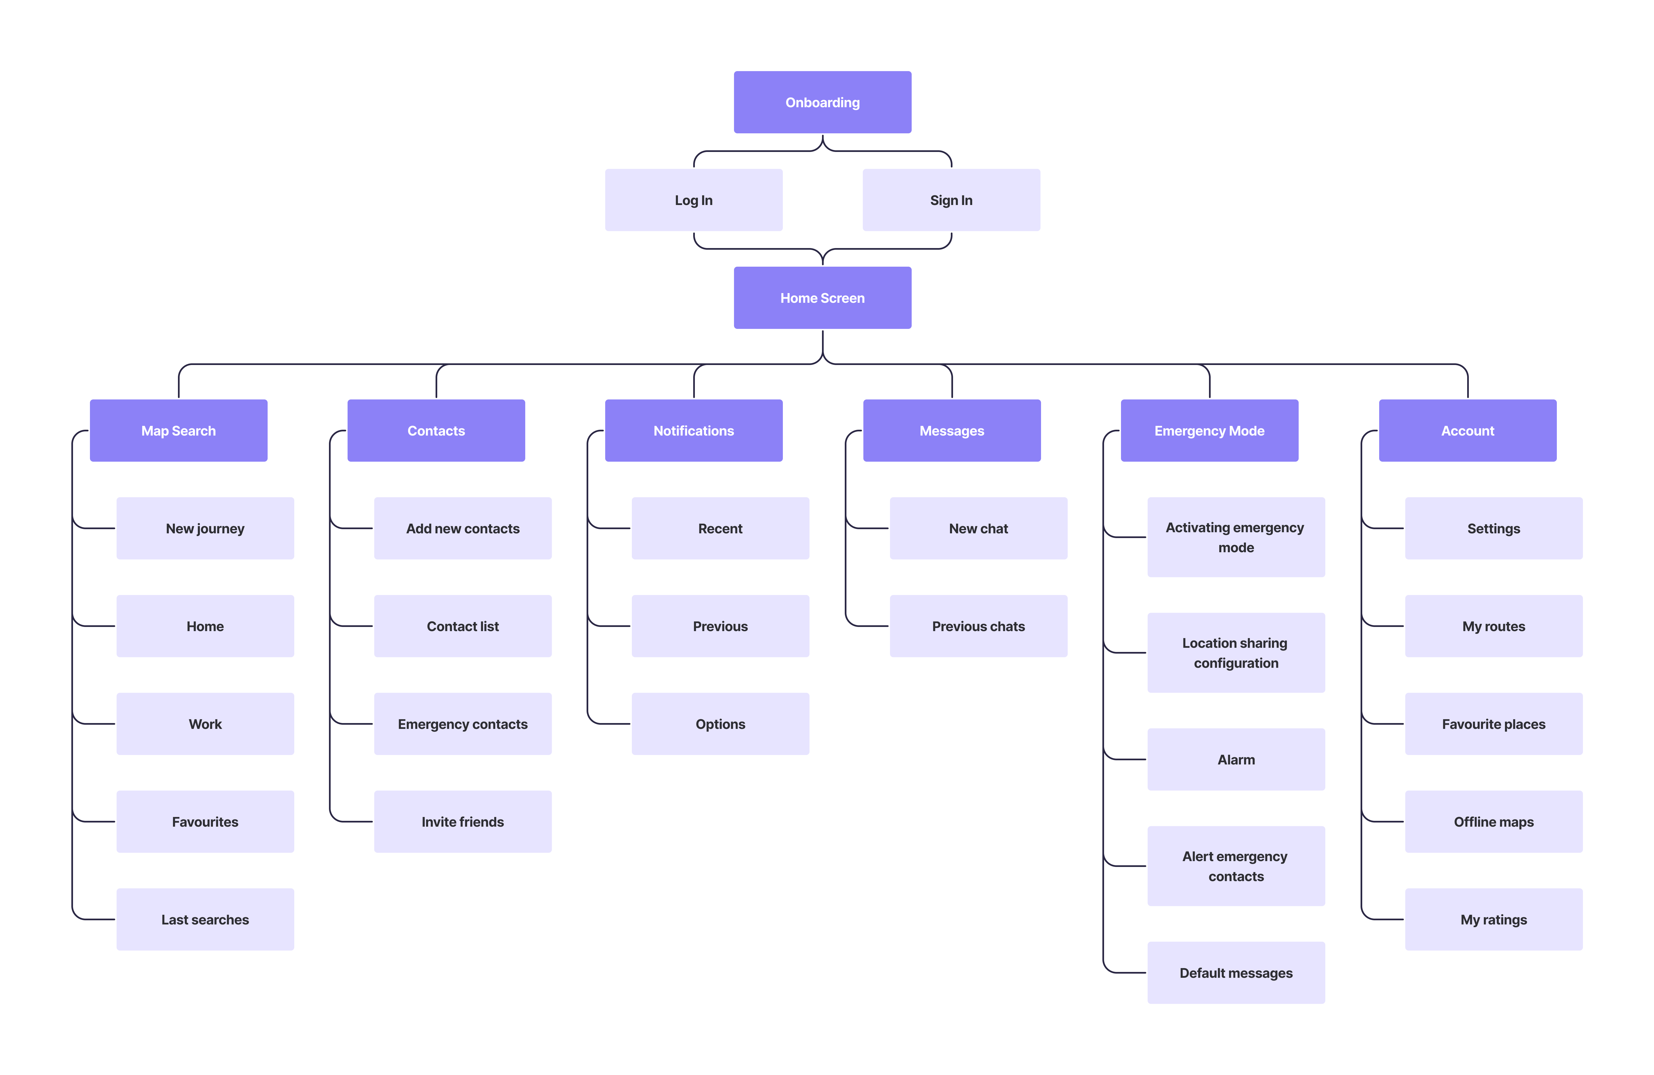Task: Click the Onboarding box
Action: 822,102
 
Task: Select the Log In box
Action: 693,200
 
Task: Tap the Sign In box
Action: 951,200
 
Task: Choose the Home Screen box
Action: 822,297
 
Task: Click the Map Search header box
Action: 179,431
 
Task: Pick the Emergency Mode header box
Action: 1209,431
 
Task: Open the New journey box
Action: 205,528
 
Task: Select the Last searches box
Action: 205,919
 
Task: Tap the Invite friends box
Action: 463,822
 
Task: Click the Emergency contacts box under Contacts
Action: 463,724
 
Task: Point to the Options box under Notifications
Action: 720,724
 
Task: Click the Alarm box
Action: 1236,759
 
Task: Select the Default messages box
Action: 1236,973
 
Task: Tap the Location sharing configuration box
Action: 1236,653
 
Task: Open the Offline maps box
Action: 1494,822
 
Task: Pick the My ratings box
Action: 1494,919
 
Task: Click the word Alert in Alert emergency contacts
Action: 1198,857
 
